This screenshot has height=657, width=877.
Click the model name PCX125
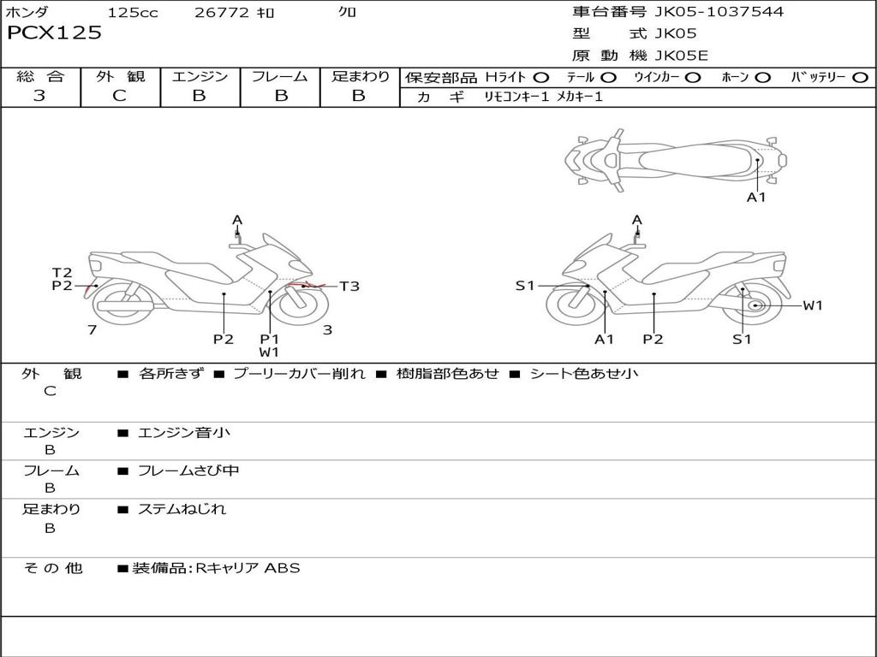54,33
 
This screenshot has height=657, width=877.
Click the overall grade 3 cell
39,96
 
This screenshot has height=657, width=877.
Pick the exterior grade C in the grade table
119,96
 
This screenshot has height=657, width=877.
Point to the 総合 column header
40,76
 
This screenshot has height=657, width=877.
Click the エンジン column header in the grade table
200,76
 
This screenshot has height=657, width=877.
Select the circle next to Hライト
541,78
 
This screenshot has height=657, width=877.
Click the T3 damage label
349,287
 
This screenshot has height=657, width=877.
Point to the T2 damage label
62,273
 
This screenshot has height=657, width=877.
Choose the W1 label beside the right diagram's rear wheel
812,305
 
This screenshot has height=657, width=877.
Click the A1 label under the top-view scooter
756,198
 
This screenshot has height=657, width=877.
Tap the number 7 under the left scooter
91,329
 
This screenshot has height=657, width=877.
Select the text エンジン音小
184,433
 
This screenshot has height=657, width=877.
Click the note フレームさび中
188,471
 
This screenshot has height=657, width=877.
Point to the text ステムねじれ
182,509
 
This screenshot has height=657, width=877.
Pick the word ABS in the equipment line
282,567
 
